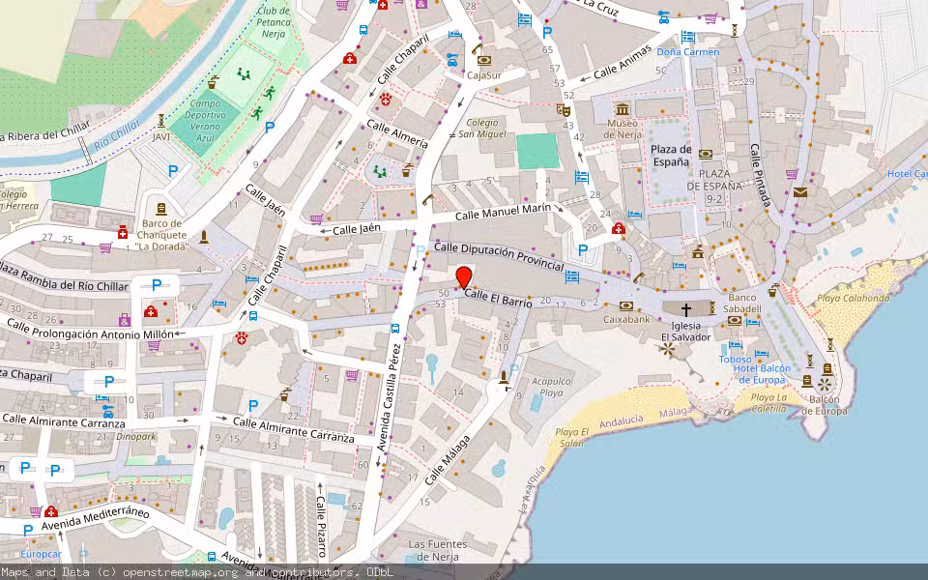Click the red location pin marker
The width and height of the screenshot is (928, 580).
point(464,276)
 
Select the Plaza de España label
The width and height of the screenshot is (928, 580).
point(670,156)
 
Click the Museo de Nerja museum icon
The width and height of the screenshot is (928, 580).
point(623,108)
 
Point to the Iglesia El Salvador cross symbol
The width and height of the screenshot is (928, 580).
point(686,309)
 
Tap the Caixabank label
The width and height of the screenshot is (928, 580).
point(626,318)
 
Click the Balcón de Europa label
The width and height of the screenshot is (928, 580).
point(824,404)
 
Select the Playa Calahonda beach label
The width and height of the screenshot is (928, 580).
point(853,298)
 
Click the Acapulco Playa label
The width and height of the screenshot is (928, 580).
point(552,387)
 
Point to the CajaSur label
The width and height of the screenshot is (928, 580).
point(483,74)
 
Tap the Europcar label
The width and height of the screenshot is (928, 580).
point(41,555)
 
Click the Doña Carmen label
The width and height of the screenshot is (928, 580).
point(687,51)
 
